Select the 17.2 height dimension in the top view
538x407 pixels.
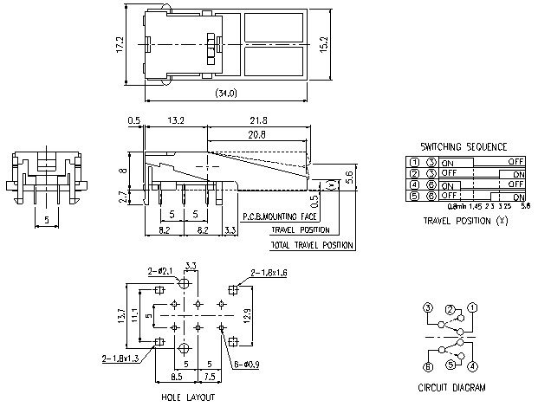pyautogui.click(x=120, y=43)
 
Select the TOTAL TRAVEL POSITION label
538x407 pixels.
pyautogui.click(x=312, y=246)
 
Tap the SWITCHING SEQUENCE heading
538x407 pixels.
pyautogui.click(x=463, y=147)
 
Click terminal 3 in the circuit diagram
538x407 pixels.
pyautogui.click(x=428, y=307)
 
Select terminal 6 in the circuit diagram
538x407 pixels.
pyautogui.click(x=428, y=365)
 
